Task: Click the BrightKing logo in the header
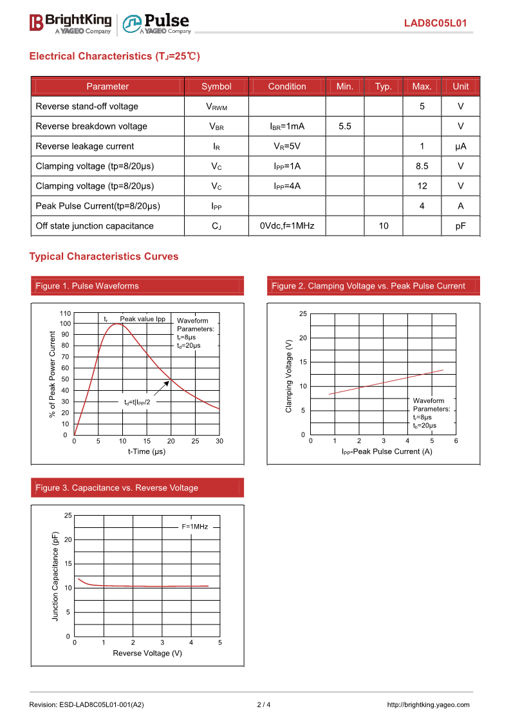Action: coord(70,23)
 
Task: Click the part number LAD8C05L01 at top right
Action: coord(435,24)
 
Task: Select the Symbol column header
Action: coord(216,86)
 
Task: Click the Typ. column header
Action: coord(384,86)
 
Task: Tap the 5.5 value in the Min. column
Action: coord(345,126)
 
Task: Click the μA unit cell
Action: coord(460,146)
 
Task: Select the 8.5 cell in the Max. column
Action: coord(422,166)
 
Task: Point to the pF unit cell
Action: coord(460,226)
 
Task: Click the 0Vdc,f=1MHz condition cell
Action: coord(287,226)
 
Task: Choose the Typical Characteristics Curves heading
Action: coord(104,256)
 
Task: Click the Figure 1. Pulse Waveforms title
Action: coord(87,286)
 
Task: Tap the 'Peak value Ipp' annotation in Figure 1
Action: coord(142,319)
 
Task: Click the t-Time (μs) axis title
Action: coord(147,451)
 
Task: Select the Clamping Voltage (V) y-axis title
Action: coord(289,375)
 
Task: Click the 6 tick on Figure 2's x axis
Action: coord(456,441)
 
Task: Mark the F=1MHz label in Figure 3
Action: coord(194,527)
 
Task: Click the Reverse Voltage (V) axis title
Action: coord(147,653)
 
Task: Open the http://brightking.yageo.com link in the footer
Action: coord(428,704)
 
